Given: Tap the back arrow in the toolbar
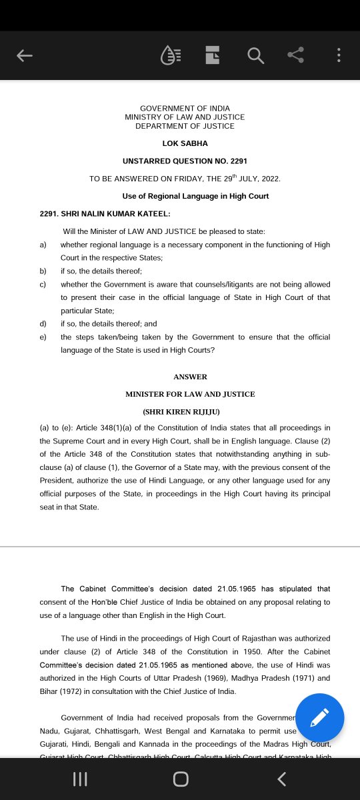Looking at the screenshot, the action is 25,56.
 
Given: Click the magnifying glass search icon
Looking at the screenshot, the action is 255,56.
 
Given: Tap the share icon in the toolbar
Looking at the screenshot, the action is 296,55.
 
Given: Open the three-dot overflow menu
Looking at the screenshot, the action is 339,56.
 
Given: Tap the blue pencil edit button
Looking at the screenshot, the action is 320,717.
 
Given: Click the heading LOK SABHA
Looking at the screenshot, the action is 185,143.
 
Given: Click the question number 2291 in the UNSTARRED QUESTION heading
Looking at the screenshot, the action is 238,161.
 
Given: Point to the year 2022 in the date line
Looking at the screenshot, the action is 269,179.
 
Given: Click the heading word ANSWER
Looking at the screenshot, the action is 190,377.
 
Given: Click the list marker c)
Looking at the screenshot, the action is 43,285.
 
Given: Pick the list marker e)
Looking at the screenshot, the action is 43,337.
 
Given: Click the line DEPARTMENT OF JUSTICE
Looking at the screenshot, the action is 185,126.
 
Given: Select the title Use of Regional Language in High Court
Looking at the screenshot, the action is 195,196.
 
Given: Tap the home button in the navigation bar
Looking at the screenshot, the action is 180,779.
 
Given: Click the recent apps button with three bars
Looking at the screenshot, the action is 80,779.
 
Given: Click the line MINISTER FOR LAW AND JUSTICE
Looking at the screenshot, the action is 190,394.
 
